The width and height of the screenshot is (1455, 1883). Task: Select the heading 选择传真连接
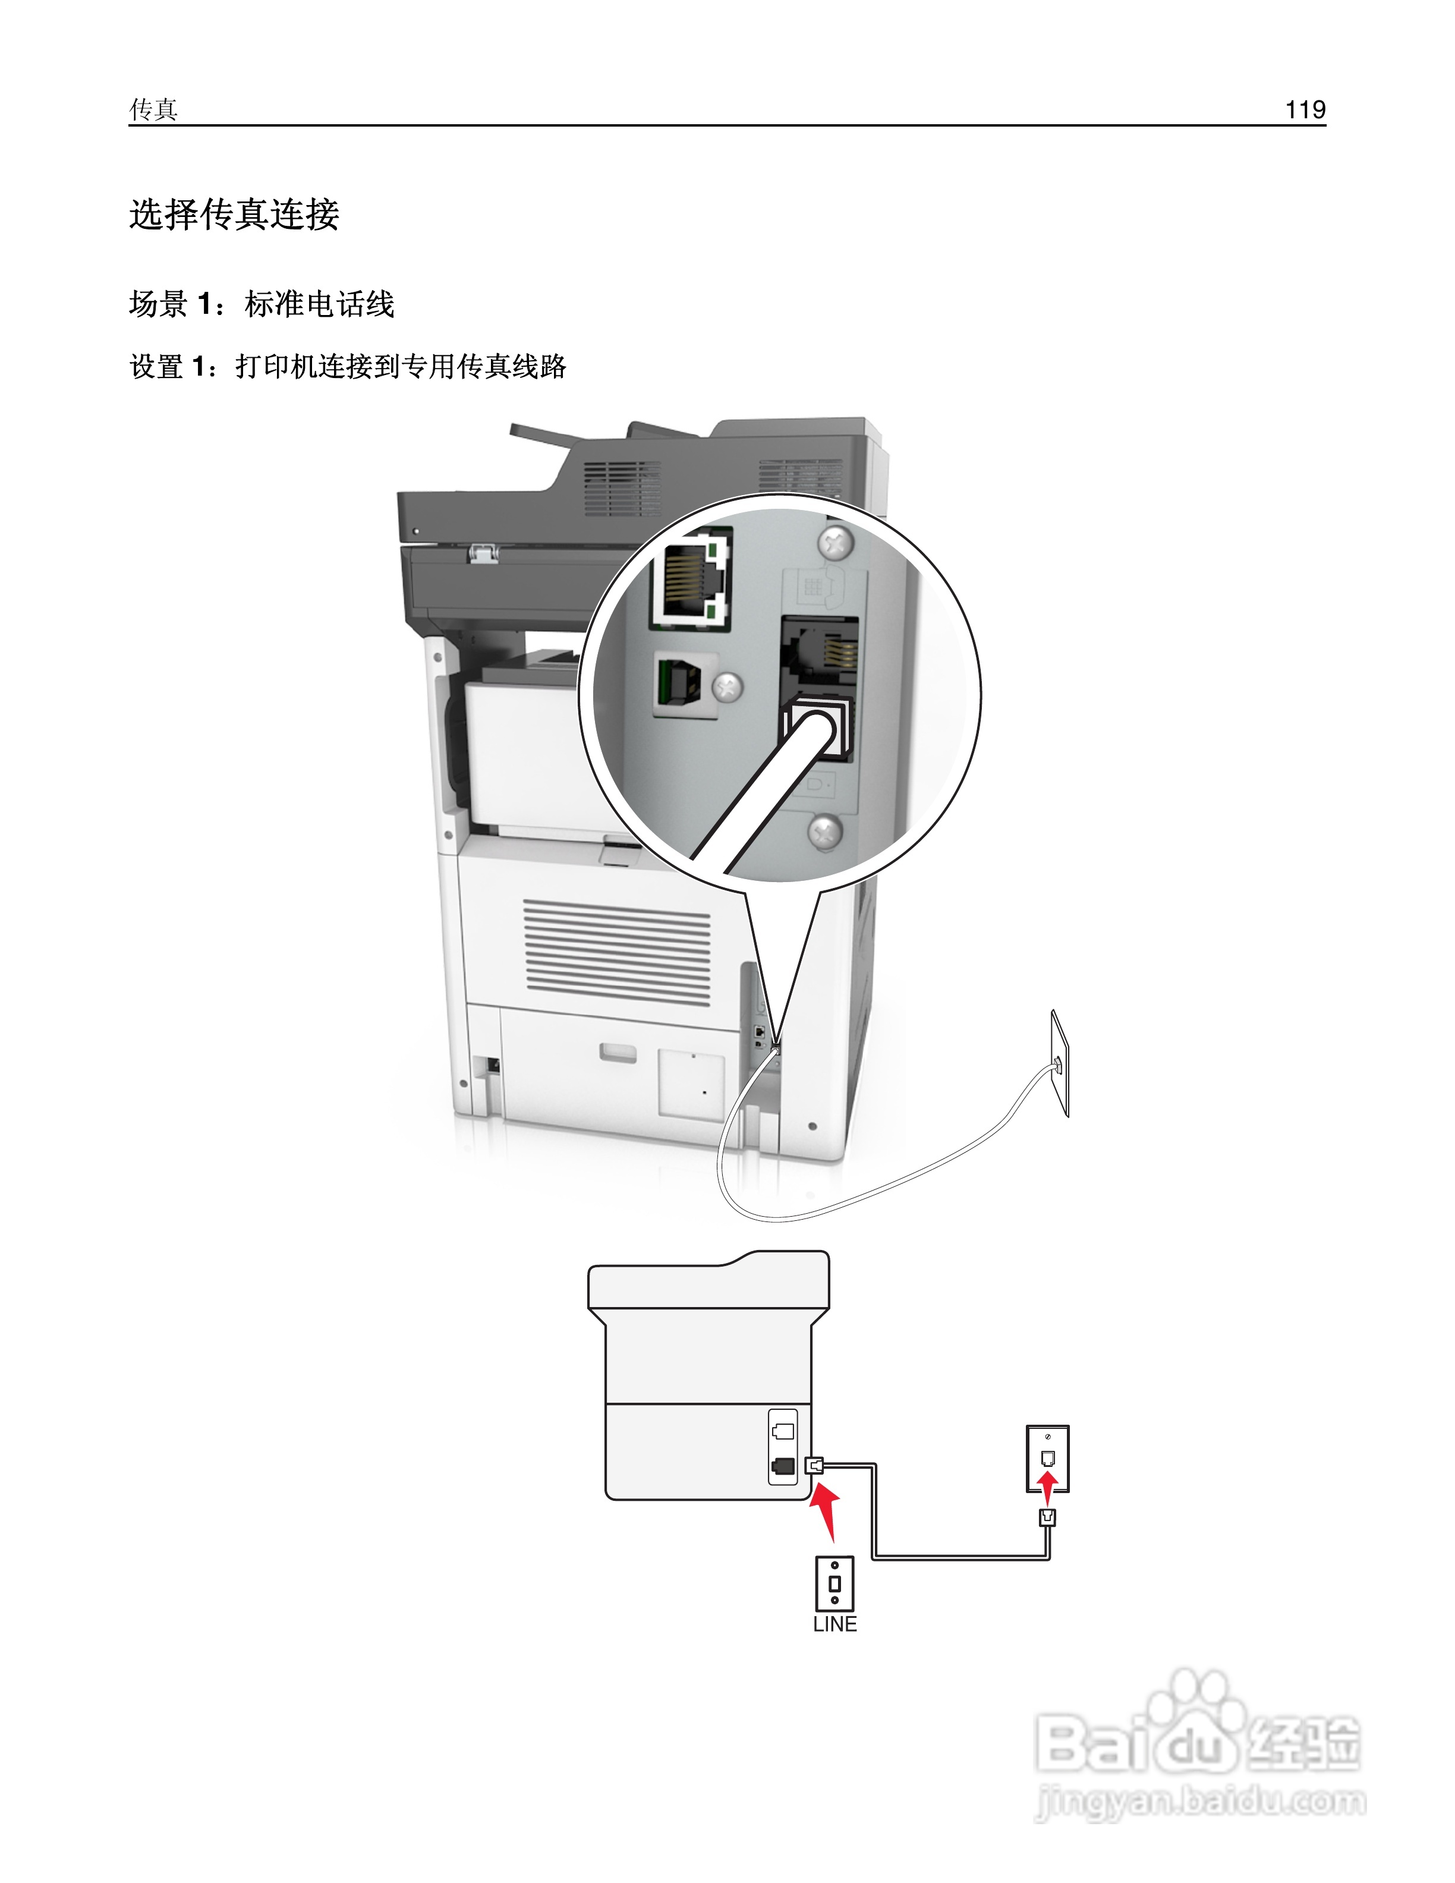coord(234,214)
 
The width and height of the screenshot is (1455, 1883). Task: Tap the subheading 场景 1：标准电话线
coord(261,304)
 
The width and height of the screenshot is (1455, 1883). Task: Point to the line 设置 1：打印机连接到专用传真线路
coord(347,366)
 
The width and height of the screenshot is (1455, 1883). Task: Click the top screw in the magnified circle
coord(834,543)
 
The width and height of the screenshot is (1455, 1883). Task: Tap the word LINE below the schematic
coord(834,1624)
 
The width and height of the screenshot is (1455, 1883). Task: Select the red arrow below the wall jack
coord(1047,1487)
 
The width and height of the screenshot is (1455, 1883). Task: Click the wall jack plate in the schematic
coord(1047,1458)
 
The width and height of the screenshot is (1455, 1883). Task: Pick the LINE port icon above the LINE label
coord(834,1583)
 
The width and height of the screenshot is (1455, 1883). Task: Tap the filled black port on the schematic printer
coord(783,1465)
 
